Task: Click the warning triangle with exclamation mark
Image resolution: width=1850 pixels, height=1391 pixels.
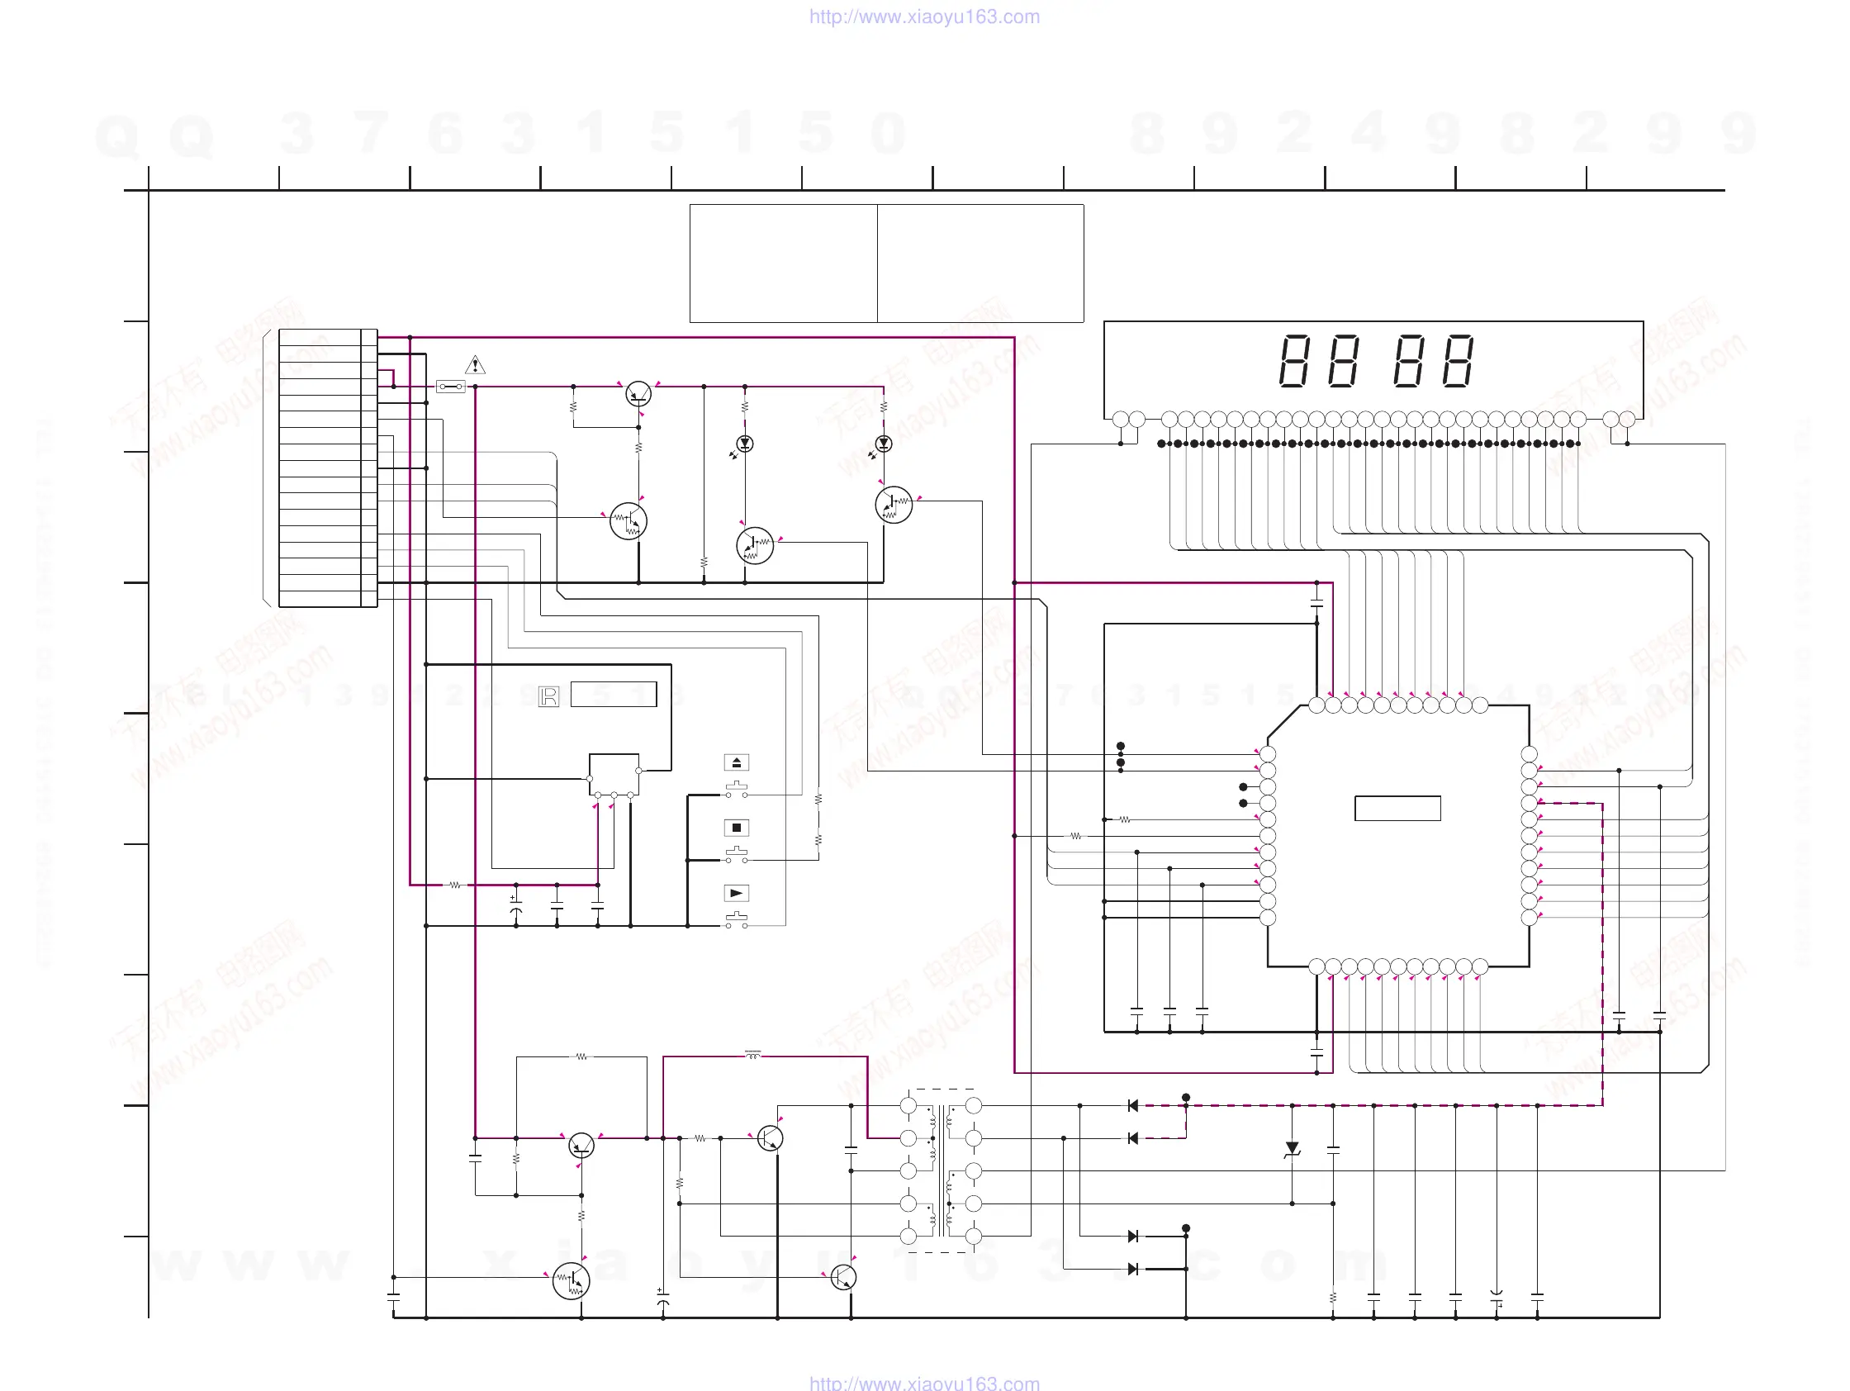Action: click(x=475, y=366)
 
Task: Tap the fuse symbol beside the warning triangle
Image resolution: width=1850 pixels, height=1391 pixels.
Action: click(x=451, y=387)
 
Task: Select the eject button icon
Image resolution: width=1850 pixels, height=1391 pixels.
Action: click(x=736, y=762)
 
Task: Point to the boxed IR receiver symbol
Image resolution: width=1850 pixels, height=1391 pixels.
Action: click(x=548, y=696)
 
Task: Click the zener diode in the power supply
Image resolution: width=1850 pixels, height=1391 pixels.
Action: click(x=1293, y=1149)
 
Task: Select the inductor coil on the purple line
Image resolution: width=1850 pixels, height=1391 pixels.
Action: click(x=752, y=1056)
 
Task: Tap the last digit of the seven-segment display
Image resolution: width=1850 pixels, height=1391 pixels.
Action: click(x=1458, y=361)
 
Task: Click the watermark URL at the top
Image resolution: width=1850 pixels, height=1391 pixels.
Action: click(x=924, y=17)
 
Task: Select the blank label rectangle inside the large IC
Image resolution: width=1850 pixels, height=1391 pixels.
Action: click(x=1397, y=808)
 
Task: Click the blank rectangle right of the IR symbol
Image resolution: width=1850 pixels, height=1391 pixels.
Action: click(x=613, y=694)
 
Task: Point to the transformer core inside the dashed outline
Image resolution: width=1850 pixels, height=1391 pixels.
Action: click(x=941, y=1171)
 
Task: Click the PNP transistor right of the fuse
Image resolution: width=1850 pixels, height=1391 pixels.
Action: click(x=638, y=393)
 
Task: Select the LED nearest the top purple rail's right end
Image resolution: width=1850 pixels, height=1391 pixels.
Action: click(x=883, y=444)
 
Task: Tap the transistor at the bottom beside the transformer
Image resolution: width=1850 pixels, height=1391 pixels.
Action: click(x=843, y=1277)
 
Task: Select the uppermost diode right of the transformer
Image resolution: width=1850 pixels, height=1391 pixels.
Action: click(x=1133, y=1106)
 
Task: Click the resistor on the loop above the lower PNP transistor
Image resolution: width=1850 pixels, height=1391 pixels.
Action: click(x=581, y=1056)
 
